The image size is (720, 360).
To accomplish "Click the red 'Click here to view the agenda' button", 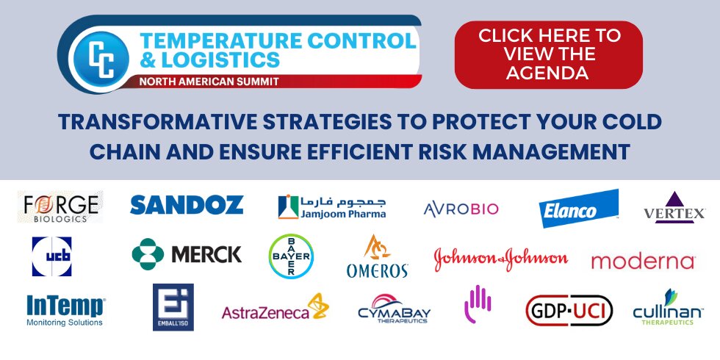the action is (548, 54).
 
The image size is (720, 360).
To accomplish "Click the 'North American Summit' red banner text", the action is (209, 82).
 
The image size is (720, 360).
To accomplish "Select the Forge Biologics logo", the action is (60, 206).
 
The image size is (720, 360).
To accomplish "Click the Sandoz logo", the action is (187, 205).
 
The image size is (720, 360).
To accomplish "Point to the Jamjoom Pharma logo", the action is (332, 206).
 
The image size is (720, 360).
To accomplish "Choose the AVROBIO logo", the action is (461, 209).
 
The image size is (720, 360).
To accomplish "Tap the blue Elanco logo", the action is (578, 208).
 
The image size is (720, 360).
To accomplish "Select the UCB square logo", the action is (52, 256).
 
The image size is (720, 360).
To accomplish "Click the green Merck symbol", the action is (148, 254).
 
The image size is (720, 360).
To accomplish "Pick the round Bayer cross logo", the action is (291, 256).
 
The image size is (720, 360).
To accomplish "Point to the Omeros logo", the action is (377, 256).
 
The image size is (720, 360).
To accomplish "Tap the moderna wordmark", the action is (643, 262).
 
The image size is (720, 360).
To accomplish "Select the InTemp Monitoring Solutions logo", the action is (65, 310).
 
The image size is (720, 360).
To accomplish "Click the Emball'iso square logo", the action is (173, 307).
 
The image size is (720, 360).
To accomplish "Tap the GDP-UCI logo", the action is (569, 310).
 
